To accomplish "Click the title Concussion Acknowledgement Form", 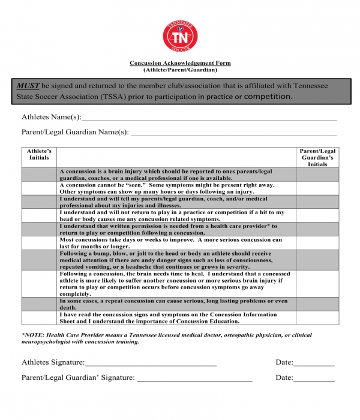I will [180, 63].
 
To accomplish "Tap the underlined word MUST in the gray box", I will [28, 86].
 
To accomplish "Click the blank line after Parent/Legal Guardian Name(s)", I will [233, 132].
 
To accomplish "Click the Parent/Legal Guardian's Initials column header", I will [317, 157].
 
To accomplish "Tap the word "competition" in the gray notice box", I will [268, 96].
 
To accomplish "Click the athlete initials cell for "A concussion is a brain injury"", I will [39, 175].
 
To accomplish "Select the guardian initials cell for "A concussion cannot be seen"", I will [317, 188].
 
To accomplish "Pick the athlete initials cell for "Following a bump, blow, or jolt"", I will [39, 260].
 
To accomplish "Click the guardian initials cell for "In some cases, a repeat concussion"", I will [317, 304].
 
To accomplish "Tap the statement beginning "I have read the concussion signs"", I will [168, 317].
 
